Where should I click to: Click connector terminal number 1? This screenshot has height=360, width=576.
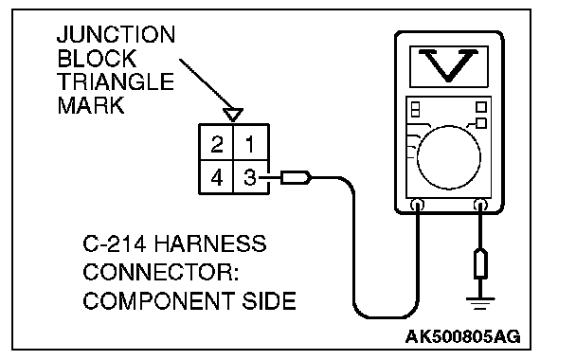[x=250, y=144]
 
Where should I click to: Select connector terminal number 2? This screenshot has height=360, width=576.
[x=217, y=144]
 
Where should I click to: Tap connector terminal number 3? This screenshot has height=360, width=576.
[x=250, y=177]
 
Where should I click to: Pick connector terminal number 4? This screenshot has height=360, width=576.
[x=217, y=177]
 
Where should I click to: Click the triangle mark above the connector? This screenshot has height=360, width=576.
[x=233, y=115]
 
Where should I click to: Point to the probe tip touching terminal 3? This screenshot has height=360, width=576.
[x=260, y=178]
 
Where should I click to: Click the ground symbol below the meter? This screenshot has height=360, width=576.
[x=480, y=303]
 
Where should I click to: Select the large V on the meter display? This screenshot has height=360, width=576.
[x=448, y=65]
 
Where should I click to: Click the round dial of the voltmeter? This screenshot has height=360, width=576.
[x=449, y=157]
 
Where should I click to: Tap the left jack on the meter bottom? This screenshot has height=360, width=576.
[x=417, y=205]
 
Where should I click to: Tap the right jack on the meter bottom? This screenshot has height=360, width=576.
[x=480, y=205]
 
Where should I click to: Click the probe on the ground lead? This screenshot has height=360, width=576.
[x=480, y=263]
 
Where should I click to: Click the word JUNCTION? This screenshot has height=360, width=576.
[x=117, y=34]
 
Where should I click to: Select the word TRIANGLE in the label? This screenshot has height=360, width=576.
[x=116, y=81]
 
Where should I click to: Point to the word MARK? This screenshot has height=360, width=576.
[x=91, y=105]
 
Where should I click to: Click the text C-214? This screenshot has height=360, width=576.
[x=115, y=243]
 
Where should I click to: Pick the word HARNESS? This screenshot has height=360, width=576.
[x=210, y=243]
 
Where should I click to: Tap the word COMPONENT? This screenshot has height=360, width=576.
[x=159, y=301]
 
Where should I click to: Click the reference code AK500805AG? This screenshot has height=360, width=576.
[x=463, y=336]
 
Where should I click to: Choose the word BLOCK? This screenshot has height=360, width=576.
[x=97, y=59]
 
